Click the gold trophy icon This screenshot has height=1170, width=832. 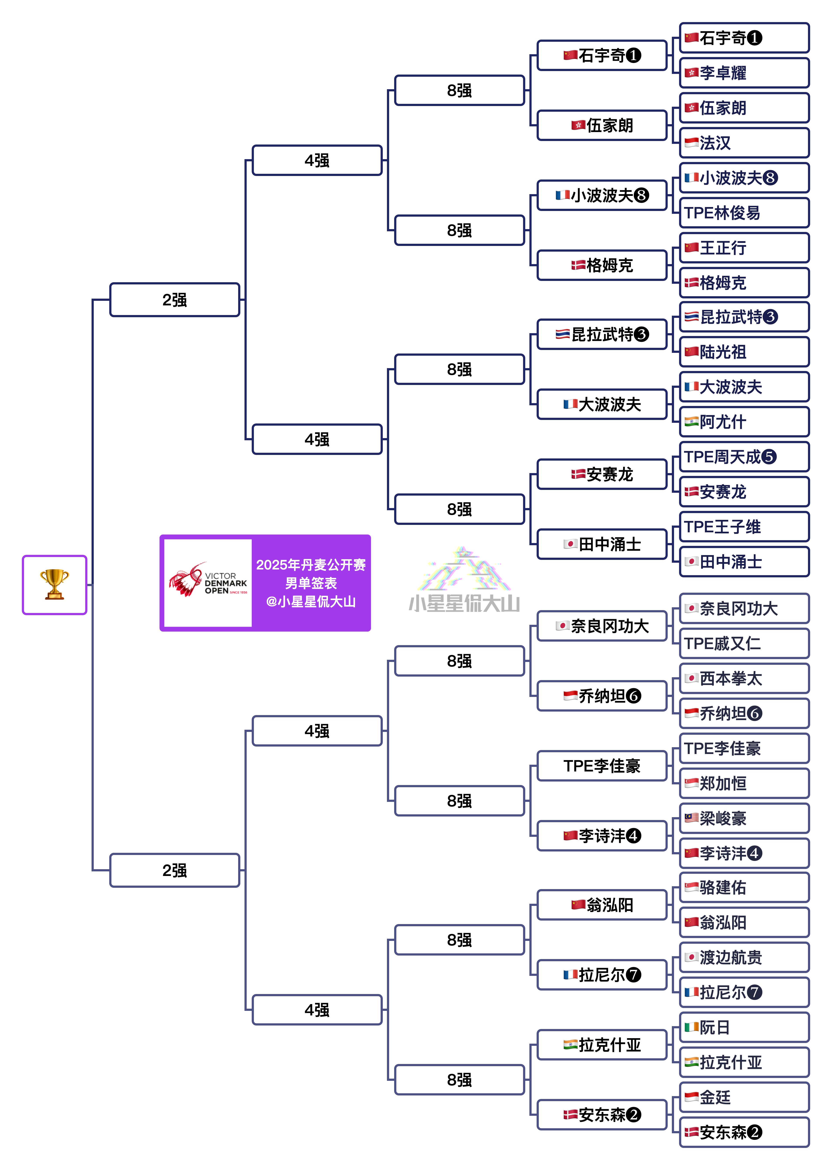pyautogui.click(x=54, y=584)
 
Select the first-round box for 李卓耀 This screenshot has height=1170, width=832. pyautogui.click(x=744, y=73)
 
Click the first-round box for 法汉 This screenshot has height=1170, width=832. pyautogui.click(x=744, y=143)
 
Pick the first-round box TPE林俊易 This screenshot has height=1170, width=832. pyautogui.click(x=744, y=213)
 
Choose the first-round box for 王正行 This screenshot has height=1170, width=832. pyautogui.click(x=744, y=248)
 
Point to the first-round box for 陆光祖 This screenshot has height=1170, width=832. pyautogui.click(x=744, y=352)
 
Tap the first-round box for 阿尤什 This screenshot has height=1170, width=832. pyautogui.click(x=744, y=422)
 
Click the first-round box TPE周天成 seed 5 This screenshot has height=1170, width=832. pyautogui.click(x=744, y=457)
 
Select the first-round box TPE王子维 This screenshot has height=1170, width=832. pyautogui.click(x=744, y=527)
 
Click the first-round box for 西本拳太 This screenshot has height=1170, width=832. pyautogui.click(x=744, y=679)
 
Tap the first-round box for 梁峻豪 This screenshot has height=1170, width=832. pyautogui.click(x=744, y=818)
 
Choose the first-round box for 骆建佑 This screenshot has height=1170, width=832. pyautogui.click(x=744, y=888)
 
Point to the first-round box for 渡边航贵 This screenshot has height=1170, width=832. pyautogui.click(x=744, y=957)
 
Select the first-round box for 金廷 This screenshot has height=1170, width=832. pyautogui.click(x=744, y=1097)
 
